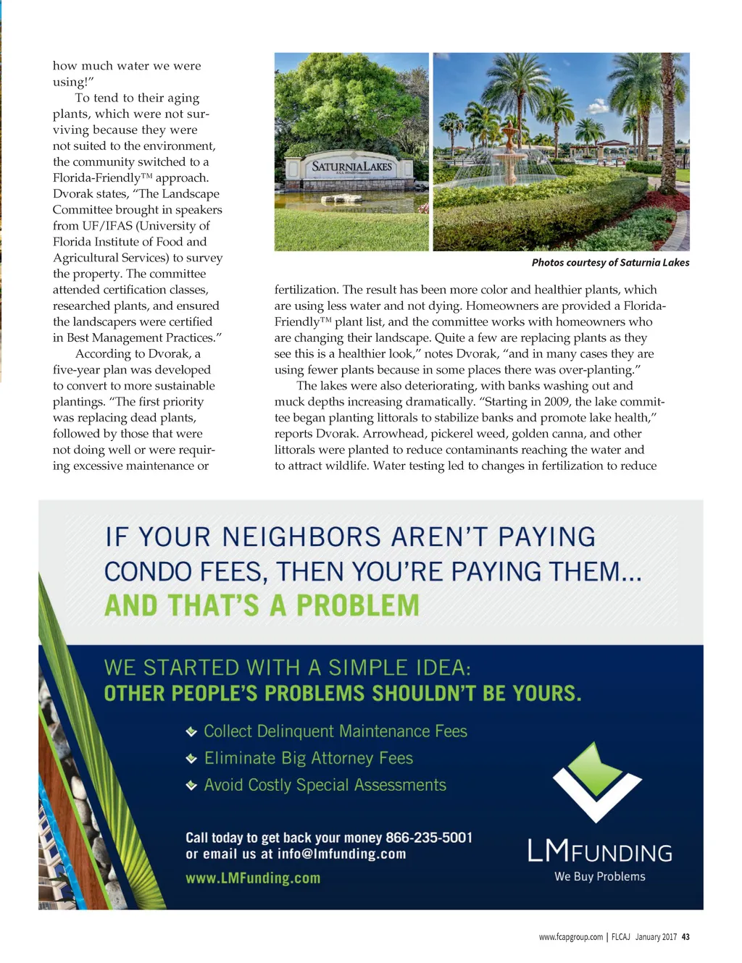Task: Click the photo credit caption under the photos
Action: pos(610,263)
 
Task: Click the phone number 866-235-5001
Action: pos(429,838)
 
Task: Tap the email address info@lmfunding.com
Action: pos(341,854)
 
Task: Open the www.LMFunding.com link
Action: pos(253,878)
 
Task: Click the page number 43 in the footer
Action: pos(685,937)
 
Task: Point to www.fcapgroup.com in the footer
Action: pos(570,937)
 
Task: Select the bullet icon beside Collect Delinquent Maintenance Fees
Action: pos(191,732)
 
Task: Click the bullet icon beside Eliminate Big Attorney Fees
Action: pos(191,759)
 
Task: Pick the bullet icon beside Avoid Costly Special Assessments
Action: pos(191,786)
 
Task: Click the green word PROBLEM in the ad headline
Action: pos(358,605)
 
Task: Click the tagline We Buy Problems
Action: pos(599,876)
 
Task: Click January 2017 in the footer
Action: pos(656,937)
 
